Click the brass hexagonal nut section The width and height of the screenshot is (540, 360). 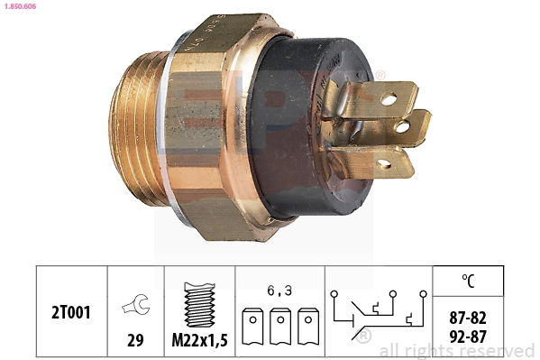coord(212,126)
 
